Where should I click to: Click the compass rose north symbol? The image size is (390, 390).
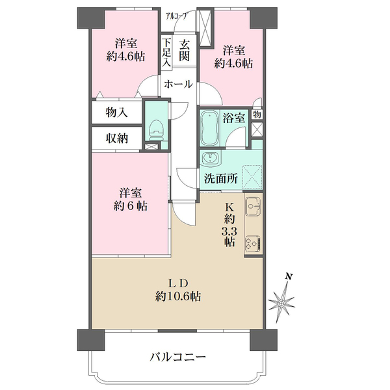pos(284,300)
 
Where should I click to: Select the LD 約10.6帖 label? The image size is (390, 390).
pos(177,290)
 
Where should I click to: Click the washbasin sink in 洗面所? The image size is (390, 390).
pos(211,159)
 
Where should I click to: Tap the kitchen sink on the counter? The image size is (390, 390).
pos(253,207)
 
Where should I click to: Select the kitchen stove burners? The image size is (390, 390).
pos(253,244)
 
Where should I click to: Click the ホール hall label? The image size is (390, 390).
pos(177,84)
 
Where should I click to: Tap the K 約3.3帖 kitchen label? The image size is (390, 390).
pos(229,225)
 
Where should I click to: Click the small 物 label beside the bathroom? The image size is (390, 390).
pos(257,114)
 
